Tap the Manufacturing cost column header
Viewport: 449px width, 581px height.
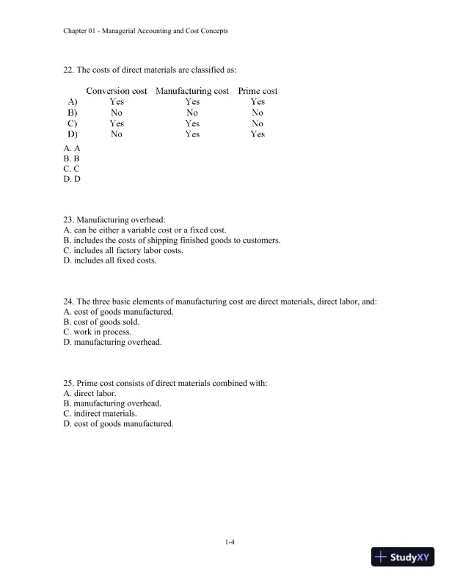tap(192, 91)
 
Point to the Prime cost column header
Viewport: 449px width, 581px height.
tap(258, 91)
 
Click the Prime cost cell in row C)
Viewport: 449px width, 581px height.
tap(258, 124)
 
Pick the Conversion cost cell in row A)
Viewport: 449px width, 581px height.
tap(117, 102)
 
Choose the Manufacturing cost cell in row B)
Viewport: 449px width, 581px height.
tap(192, 113)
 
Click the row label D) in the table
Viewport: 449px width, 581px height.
tap(73, 134)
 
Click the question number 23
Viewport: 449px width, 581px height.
tap(69, 219)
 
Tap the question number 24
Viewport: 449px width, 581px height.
tap(69, 302)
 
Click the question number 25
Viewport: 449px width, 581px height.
tap(69, 383)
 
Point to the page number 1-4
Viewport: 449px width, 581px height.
tap(229, 542)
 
